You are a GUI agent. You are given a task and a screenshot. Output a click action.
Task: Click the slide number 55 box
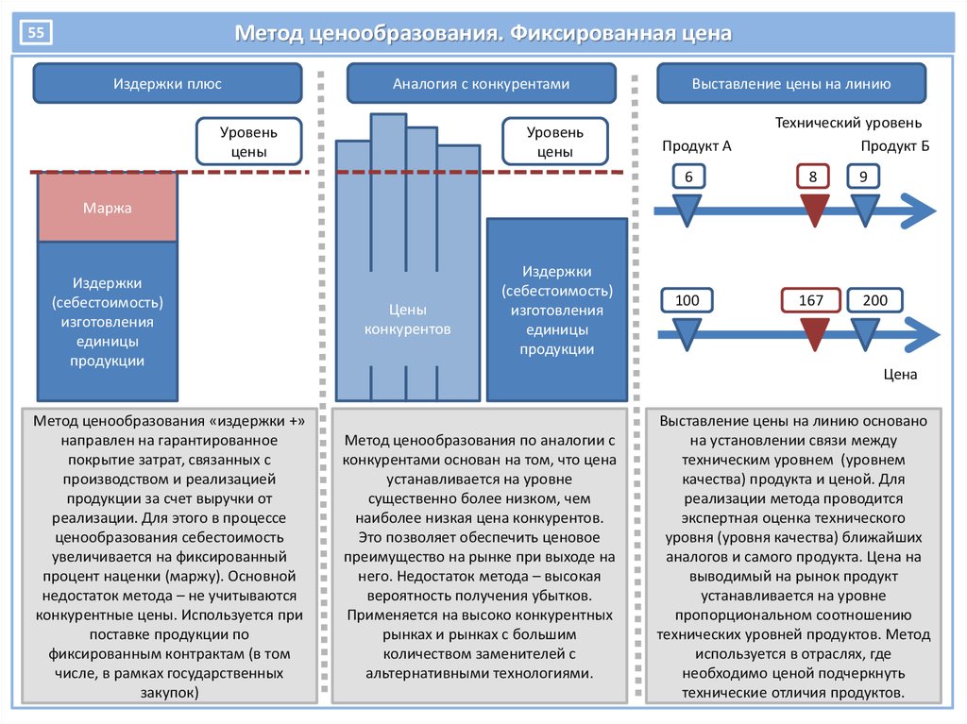(x=36, y=32)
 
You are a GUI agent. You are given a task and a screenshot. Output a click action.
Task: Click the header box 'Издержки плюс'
(x=167, y=83)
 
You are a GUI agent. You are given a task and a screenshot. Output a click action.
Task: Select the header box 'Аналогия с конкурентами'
(x=481, y=83)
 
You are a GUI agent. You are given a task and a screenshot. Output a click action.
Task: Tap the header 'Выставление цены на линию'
(x=791, y=83)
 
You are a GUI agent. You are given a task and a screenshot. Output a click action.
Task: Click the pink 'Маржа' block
(x=108, y=208)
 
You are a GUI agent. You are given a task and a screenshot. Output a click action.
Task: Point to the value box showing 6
(x=688, y=177)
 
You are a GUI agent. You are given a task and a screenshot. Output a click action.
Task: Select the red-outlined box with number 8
(x=813, y=177)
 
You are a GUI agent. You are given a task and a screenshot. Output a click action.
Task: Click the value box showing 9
(x=863, y=177)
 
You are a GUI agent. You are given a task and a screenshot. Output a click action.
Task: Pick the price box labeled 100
(x=687, y=300)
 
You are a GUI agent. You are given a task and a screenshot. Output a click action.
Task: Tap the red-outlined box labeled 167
(x=811, y=300)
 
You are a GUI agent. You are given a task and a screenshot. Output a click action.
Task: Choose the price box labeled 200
(x=875, y=300)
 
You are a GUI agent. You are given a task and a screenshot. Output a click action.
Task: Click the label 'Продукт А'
(x=696, y=146)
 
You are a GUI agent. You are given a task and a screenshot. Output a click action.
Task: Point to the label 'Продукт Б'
(x=895, y=146)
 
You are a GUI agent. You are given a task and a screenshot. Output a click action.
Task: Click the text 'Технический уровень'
(x=848, y=123)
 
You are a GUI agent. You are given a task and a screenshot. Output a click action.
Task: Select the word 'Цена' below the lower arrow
(x=900, y=375)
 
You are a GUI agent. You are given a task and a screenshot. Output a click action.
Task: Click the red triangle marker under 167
(x=814, y=333)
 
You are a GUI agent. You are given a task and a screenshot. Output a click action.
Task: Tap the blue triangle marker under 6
(x=687, y=209)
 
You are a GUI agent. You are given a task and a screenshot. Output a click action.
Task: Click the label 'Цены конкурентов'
(x=407, y=319)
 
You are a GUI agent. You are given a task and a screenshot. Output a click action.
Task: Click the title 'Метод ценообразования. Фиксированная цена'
(x=483, y=33)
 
